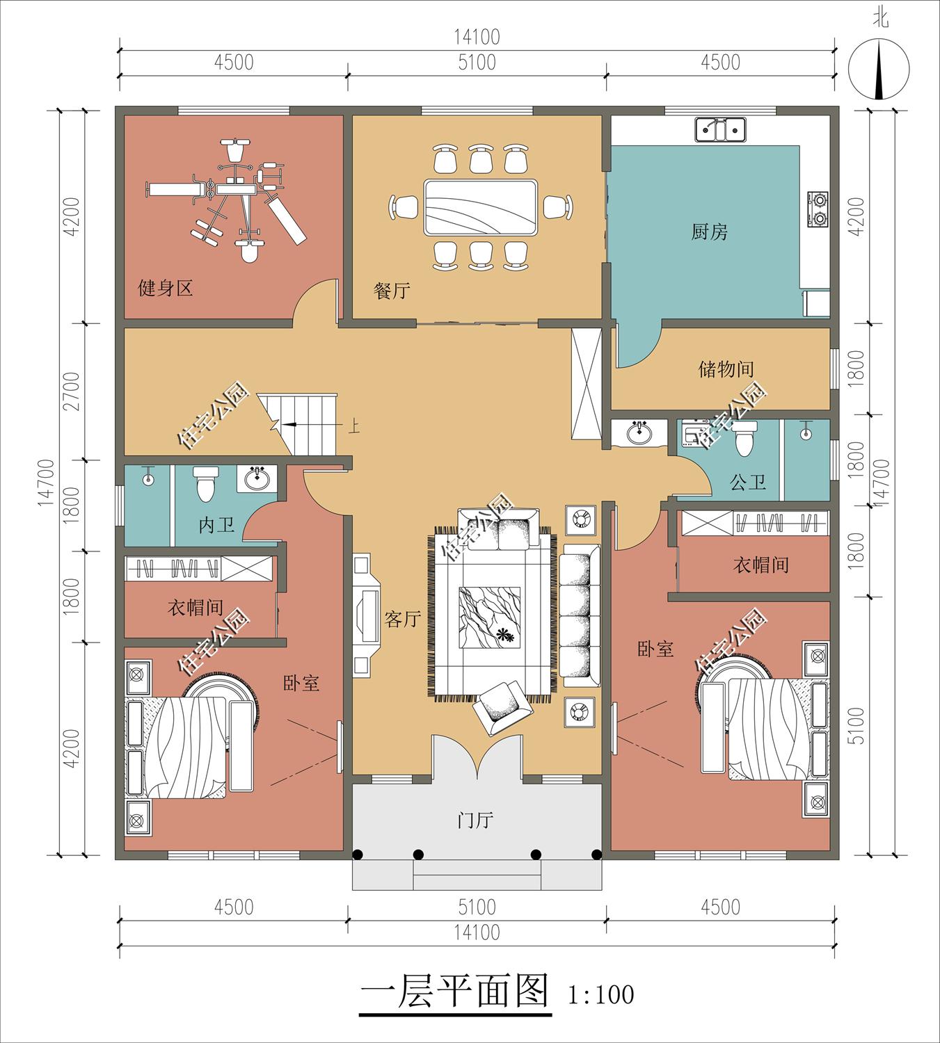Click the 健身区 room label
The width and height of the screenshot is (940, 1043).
(x=165, y=288)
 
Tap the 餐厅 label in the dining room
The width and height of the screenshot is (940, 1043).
(x=392, y=290)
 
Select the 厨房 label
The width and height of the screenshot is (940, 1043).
(x=709, y=232)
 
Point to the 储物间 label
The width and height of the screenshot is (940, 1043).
(x=726, y=369)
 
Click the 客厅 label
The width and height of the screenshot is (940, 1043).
(x=402, y=619)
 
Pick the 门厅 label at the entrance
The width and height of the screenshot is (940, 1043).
(x=475, y=820)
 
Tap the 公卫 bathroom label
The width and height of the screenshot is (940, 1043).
(x=747, y=483)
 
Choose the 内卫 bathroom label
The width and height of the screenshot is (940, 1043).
(x=216, y=525)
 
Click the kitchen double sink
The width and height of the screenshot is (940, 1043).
(x=720, y=129)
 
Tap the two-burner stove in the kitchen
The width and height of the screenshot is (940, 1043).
(x=818, y=209)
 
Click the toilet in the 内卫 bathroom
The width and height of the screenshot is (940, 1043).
(x=205, y=483)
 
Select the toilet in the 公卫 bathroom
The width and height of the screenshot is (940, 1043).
(x=744, y=439)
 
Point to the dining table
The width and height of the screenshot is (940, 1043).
(x=480, y=207)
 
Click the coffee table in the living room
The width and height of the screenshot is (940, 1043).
(x=489, y=617)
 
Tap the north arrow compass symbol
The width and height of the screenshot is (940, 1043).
(x=879, y=69)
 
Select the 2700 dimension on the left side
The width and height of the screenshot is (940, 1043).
(x=72, y=391)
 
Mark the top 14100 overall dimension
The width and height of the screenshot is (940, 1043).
(x=477, y=37)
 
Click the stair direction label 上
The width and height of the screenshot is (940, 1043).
(x=354, y=427)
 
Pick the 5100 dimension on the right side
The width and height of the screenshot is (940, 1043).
(x=857, y=726)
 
